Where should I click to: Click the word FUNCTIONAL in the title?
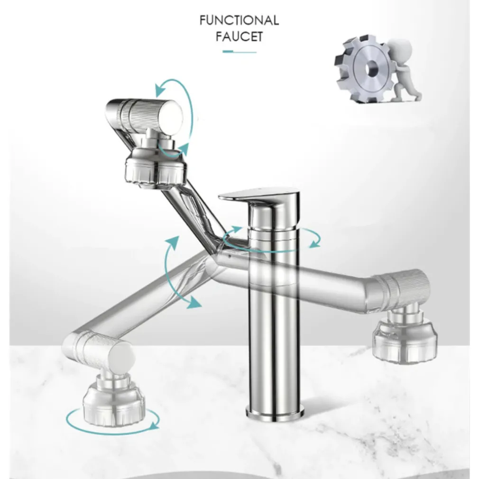coord(239,20)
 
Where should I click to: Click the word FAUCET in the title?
coord(239,37)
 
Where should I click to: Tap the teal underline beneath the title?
coord(239,52)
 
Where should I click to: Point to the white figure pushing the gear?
coord(403,70)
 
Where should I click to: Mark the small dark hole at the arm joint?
coord(229,255)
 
